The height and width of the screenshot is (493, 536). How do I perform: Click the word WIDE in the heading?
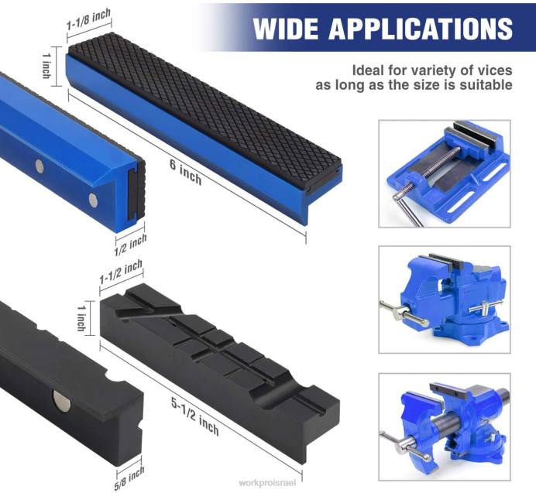[x=287, y=29]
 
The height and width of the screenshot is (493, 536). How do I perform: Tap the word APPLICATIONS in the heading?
[x=421, y=29]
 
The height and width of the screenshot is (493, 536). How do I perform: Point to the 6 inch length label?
[x=186, y=171]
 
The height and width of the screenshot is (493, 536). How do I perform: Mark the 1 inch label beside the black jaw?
[x=81, y=316]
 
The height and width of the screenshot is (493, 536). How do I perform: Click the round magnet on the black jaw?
[x=60, y=399]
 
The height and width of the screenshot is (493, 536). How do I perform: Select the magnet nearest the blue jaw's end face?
[x=93, y=200]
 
